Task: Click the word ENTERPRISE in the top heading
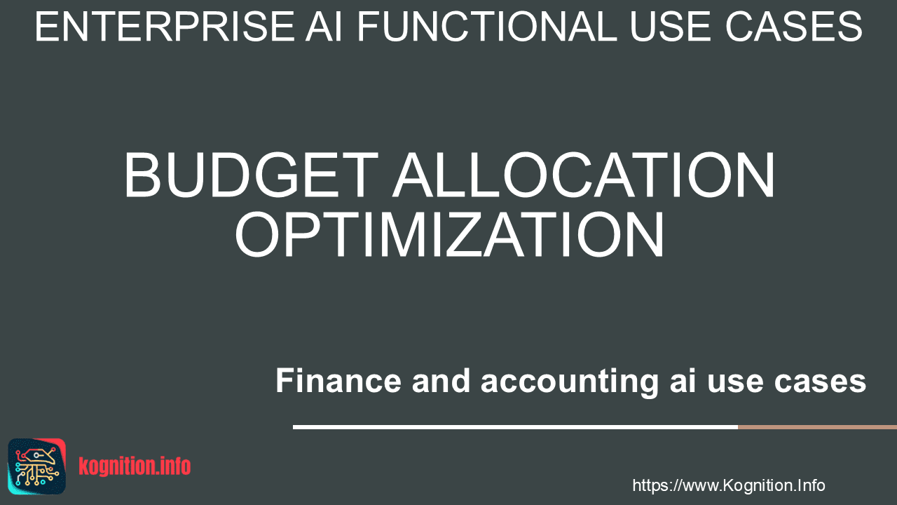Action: (x=165, y=27)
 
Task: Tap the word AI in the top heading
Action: (x=324, y=27)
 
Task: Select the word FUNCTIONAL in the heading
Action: (x=487, y=27)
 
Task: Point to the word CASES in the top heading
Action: (x=794, y=27)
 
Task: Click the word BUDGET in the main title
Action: (x=252, y=175)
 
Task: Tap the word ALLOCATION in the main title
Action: (x=584, y=175)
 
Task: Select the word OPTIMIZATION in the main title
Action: (x=449, y=234)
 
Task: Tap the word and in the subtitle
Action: (x=441, y=380)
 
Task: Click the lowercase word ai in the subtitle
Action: (x=683, y=380)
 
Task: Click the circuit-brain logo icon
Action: (x=37, y=466)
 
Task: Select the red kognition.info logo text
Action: (x=135, y=466)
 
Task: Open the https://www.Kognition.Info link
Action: (x=728, y=485)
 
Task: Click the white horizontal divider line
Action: (x=515, y=427)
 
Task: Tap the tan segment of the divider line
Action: (x=817, y=427)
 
